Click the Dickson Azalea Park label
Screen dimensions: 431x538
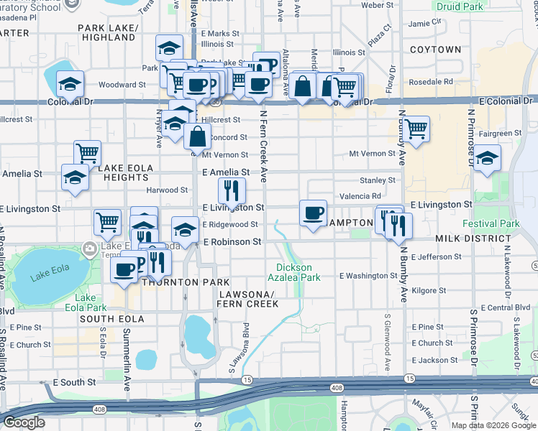tap(293, 271)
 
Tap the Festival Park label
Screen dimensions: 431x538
tap(491, 224)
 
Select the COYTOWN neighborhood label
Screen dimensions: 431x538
tap(435, 50)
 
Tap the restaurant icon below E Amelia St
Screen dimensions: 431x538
tap(231, 190)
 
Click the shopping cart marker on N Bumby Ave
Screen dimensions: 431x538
tap(416, 130)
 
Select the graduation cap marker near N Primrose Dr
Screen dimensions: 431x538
tap(487, 159)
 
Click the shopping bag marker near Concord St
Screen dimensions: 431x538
tap(197, 136)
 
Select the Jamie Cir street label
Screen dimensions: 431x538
tap(424, 23)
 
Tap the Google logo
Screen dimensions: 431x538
tap(24, 422)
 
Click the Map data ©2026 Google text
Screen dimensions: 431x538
tap(493, 425)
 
